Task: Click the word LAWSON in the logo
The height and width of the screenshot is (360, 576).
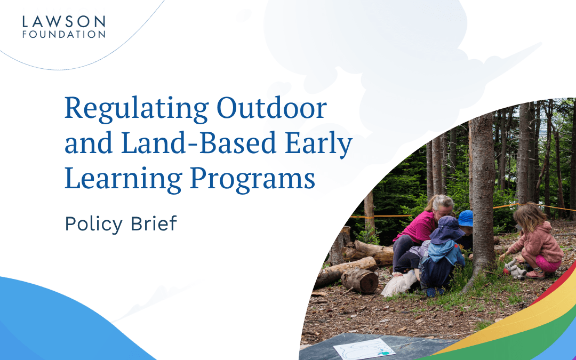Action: pos(63,21)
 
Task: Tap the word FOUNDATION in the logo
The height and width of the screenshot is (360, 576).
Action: pos(63,34)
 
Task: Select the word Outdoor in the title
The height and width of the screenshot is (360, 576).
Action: pos(272,108)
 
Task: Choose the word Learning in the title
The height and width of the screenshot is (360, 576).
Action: pos(123,179)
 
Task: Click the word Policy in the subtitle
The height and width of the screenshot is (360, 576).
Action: pos(94,224)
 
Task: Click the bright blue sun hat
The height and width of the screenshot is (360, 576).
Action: pos(466,218)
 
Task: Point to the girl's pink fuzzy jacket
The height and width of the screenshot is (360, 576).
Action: pos(539,243)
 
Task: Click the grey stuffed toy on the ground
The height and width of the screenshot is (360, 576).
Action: pos(514,270)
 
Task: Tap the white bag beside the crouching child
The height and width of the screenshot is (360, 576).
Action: pos(399,284)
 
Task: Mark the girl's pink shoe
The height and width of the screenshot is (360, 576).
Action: pos(535,275)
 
